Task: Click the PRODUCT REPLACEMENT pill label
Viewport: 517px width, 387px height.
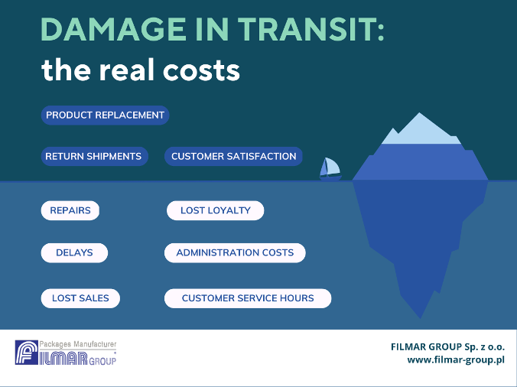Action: [105, 115]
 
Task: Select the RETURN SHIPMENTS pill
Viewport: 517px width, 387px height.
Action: [94, 156]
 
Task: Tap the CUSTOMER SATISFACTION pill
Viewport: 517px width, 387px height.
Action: [233, 156]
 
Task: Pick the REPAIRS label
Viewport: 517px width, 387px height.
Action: [70, 210]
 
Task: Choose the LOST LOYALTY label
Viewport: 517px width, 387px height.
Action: [216, 210]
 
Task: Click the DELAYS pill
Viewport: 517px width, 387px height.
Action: [74, 253]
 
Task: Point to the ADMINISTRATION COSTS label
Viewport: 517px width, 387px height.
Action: [235, 253]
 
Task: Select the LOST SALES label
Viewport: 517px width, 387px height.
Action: [80, 298]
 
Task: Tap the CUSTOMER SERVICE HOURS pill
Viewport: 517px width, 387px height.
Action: [248, 298]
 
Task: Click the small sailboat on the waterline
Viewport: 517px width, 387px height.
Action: [330, 169]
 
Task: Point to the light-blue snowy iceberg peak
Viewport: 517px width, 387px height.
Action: [421, 130]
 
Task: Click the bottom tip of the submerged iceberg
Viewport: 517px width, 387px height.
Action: [420, 318]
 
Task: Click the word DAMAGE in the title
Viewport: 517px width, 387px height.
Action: [113, 29]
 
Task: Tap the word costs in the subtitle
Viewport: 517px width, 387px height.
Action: [201, 71]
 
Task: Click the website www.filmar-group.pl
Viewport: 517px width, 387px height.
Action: [456, 359]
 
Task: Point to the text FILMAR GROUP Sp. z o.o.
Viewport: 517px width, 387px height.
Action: [447, 346]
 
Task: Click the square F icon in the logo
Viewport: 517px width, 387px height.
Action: [26, 353]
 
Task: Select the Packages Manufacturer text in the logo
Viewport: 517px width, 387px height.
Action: [78, 344]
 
